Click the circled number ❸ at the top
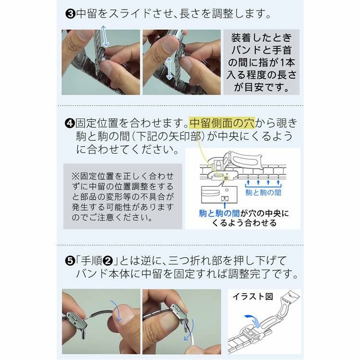coord(70,13)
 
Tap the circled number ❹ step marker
coord(70,122)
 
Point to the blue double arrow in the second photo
coord(169,68)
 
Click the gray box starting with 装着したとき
coord(262,62)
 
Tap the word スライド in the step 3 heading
coord(131,13)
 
